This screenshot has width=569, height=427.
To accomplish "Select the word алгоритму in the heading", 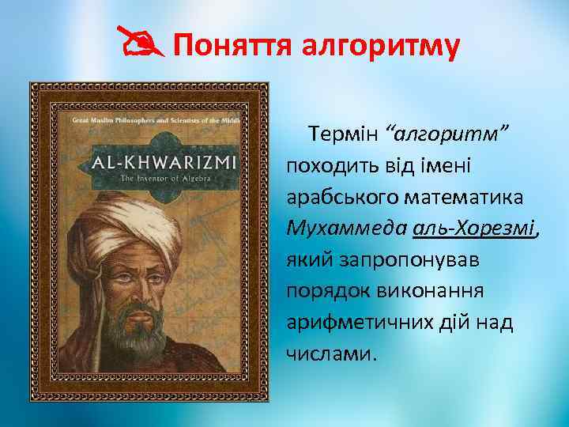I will [x=381, y=46].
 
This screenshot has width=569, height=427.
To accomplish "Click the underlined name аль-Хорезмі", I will [x=473, y=229].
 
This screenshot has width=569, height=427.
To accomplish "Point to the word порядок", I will [x=326, y=290].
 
